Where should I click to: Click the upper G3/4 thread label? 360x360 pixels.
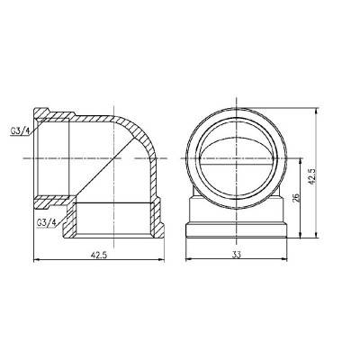pos(20,130)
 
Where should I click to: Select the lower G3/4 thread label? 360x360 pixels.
pos(48,220)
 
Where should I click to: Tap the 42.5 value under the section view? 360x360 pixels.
pos(99,255)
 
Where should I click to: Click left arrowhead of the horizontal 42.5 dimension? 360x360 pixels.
pos(36,262)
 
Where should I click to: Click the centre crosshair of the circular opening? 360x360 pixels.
pos(238,151)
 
